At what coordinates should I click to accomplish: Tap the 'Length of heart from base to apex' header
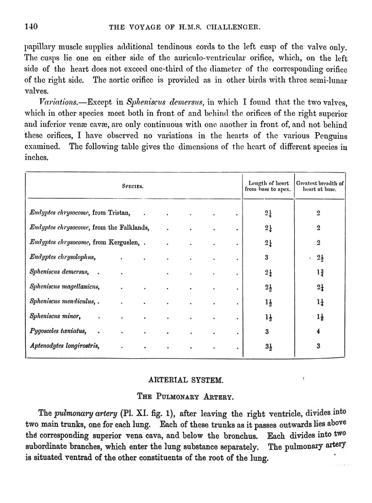point(268,186)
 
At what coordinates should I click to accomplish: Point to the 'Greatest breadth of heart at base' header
point(320,186)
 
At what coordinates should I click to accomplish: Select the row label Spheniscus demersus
point(59,272)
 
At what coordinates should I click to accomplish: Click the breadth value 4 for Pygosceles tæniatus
point(319,331)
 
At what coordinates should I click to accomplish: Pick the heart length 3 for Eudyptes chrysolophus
point(267,257)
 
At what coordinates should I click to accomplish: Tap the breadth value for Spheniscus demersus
point(319,273)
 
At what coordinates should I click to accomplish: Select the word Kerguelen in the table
point(123,242)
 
